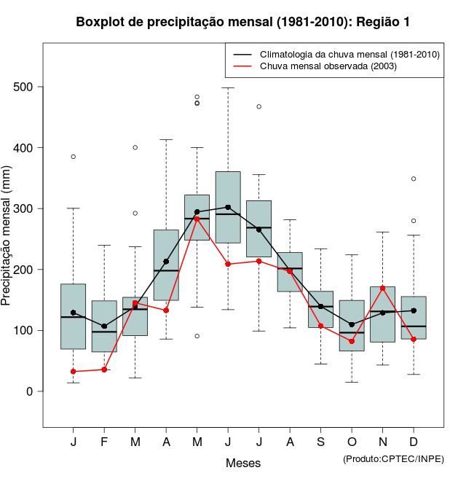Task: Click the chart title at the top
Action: pos(243,23)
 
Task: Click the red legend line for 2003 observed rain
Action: pos(243,66)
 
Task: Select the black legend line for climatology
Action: pos(243,55)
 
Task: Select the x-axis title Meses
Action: pos(243,463)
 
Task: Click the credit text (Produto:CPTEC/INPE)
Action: pos(393,458)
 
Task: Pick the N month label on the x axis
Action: pos(382,442)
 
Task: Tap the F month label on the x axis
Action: pos(104,442)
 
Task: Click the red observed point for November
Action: pos(382,288)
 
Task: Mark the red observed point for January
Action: pos(74,372)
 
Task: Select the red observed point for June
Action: pos(228,264)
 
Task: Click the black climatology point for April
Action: pos(166,262)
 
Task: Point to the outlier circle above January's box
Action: pos(74,157)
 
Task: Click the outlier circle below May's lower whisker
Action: pos(197,336)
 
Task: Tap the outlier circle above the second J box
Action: pos(258,106)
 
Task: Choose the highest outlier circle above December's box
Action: pos(414,179)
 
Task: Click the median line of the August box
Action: pos(290,269)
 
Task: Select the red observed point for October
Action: pos(352,341)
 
